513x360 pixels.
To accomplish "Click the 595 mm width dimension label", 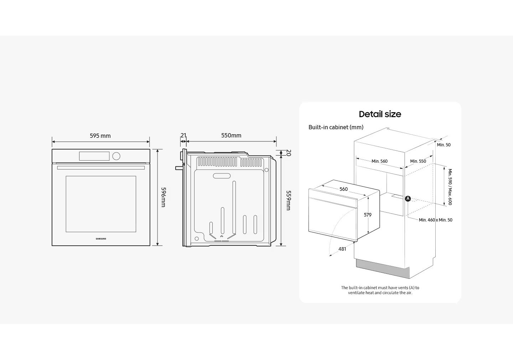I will click(100, 136).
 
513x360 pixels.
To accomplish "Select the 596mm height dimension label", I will click(163, 197).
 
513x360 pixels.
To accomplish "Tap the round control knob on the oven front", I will click(116, 156).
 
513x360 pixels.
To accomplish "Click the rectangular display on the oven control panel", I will click(94, 156).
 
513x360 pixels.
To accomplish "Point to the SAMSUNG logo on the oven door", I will click(101, 239).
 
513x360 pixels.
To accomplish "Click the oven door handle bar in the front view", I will click(101, 168).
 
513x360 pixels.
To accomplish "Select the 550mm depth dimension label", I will click(231, 135).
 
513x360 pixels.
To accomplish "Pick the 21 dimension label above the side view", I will click(183, 135).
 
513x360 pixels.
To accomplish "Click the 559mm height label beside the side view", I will click(288, 200).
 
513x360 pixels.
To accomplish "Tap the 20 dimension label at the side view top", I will click(289, 153).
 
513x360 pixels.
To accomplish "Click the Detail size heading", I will click(380, 114).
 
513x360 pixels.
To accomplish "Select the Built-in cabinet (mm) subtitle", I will click(336, 127).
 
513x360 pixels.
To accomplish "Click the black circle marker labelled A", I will click(408, 199).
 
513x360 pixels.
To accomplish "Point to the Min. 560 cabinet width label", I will click(379, 161).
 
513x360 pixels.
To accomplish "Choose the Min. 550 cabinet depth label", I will click(418, 161).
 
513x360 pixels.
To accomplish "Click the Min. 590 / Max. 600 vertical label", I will click(450, 187).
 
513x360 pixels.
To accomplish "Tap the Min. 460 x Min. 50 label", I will click(435, 220).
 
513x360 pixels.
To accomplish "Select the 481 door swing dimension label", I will click(342, 249).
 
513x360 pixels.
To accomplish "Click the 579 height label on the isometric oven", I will click(368, 215).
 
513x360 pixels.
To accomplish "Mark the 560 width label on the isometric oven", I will click(343, 189).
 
